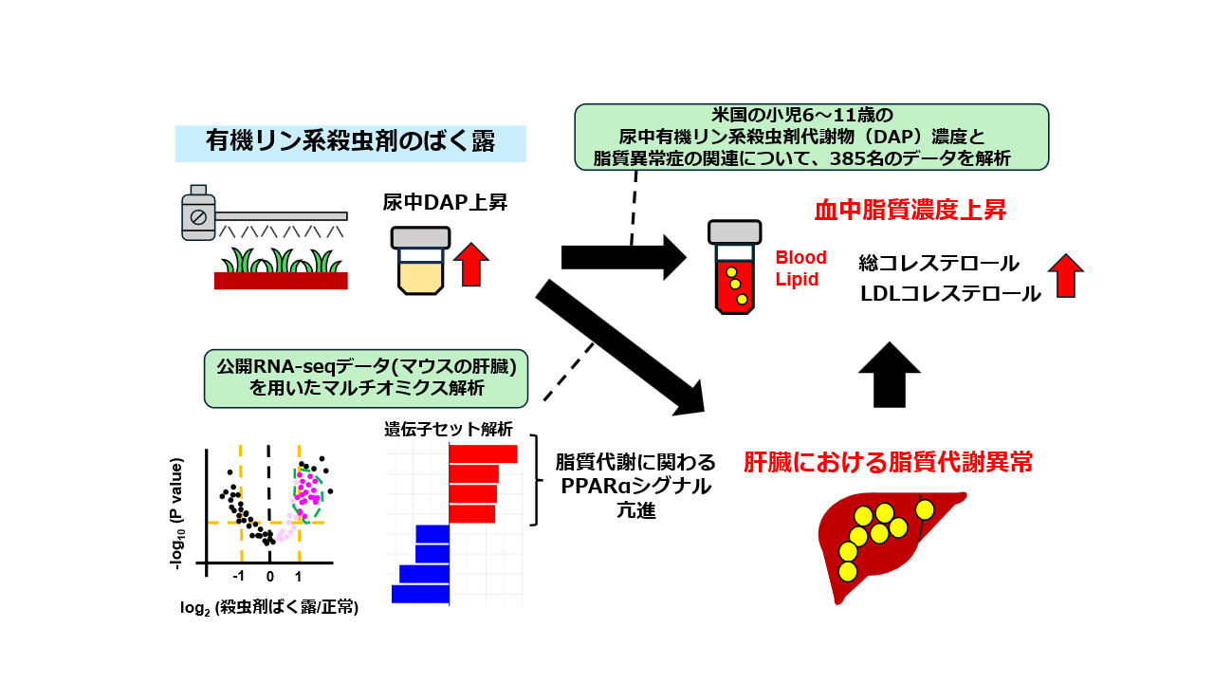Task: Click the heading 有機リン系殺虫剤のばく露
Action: pos(350,142)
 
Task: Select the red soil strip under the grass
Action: pos(281,280)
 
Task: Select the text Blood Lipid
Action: pos(800,268)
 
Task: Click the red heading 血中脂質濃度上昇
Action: pos(910,210)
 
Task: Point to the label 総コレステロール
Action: pos(939,262)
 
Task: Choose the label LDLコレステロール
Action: pos(950,294)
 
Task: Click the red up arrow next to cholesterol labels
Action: pos(1066,276)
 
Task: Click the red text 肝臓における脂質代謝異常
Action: pos(888,462)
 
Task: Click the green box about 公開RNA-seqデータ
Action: pos(366,375)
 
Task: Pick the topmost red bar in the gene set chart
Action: pos(483,453)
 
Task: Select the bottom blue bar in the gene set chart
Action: pos(420,594)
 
